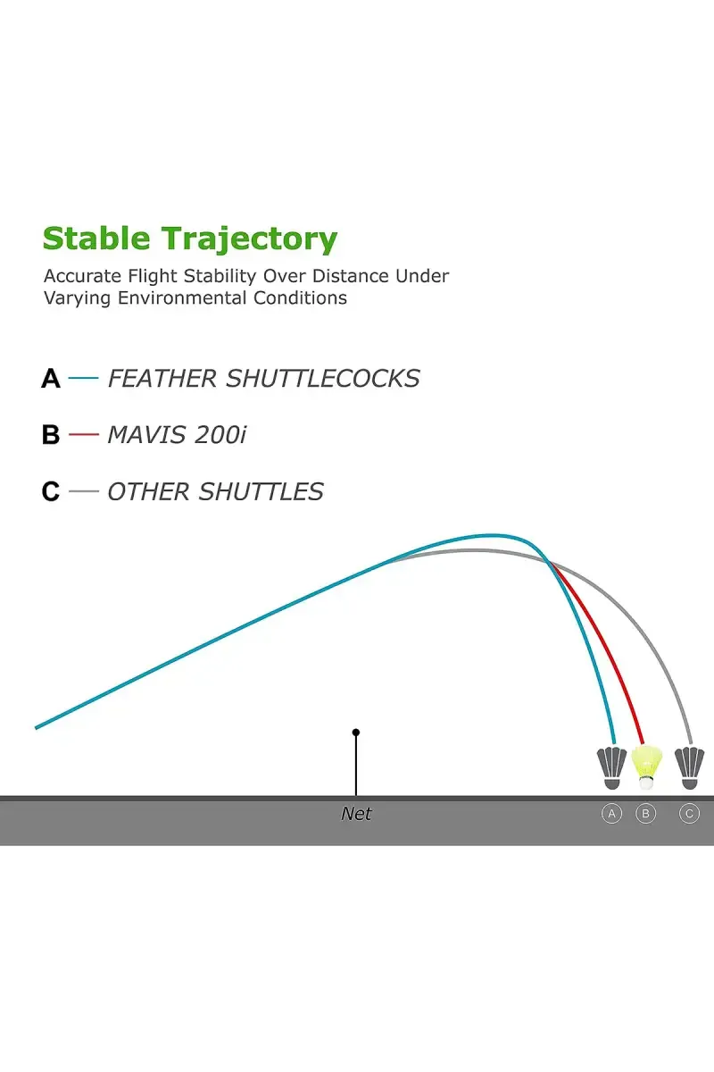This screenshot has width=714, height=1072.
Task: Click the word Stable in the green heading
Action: [x=96, y=239]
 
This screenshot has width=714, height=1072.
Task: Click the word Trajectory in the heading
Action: [x=249, y=240]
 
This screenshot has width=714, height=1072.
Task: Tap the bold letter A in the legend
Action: [x=51, y=379]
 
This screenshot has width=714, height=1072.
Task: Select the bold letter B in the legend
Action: [x=51, y=435]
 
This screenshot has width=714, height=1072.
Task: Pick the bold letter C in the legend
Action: [x=51, y=491]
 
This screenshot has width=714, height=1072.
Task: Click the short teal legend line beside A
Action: [x=83, y=378]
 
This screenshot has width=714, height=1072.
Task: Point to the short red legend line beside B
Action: [x=83, y=434]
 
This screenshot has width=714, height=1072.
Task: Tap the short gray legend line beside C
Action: [x=83, y=491]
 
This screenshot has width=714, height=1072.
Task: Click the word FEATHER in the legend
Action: [x=162, y=379]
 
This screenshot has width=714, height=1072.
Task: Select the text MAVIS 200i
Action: [x=177, y=435]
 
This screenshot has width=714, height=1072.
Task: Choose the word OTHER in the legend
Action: [x=149, y=491]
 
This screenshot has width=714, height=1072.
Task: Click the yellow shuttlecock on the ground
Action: [x=646, y=766]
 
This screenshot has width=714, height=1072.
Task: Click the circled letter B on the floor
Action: [x=645, y=814]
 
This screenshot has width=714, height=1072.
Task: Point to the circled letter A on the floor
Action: [x=611, y=814]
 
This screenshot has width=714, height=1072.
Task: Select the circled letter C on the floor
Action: [x=689, y=814]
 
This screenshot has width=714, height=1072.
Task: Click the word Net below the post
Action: [x=356, y=814]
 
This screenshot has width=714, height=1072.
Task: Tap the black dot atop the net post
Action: [x=356, y=733]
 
